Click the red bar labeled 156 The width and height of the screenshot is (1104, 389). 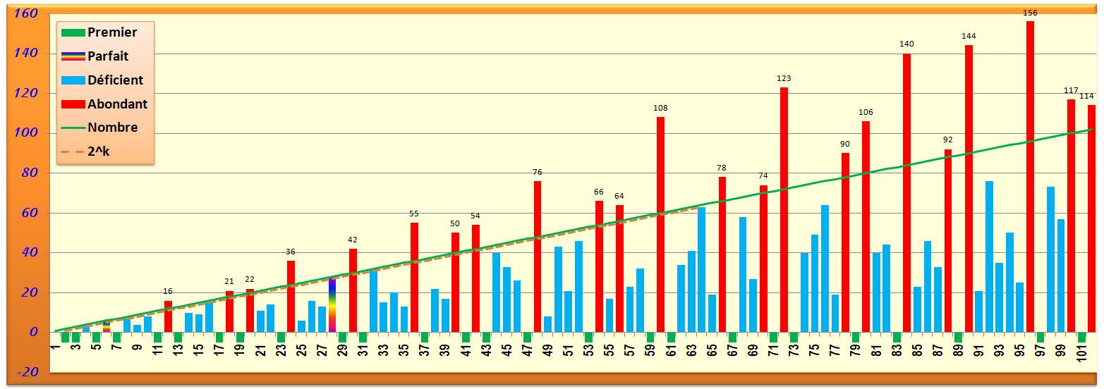pyautogui.click(x=1030, y=176)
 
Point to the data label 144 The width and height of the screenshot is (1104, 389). pyautogui.click(x=969, y=36)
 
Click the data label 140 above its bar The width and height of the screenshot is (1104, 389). pyautogui.click(x=906, y=44)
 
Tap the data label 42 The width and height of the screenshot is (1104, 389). pyautogui.click(x=353, y=240)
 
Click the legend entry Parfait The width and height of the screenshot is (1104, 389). pyautogui.click(x=107, y=56)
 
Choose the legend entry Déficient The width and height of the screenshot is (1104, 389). pyautogui.click(x=115, y=80)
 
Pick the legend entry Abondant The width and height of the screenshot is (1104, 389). pyautogui.click(x=117, y=104)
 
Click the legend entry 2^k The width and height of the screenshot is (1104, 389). pyautogui.click(x=98, y=152)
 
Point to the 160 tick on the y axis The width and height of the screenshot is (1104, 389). pyautogui.click(x=28, y=14)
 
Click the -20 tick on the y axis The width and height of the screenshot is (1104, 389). pyautogui.click(x=28, y=372)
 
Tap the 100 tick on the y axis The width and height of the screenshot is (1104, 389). pyautogui.click(x=28, y=133)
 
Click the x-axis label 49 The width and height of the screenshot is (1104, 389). pyautogui.click(x=548, y=349)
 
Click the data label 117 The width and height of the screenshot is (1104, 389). pyautogui.click(x=1071, y=90)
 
